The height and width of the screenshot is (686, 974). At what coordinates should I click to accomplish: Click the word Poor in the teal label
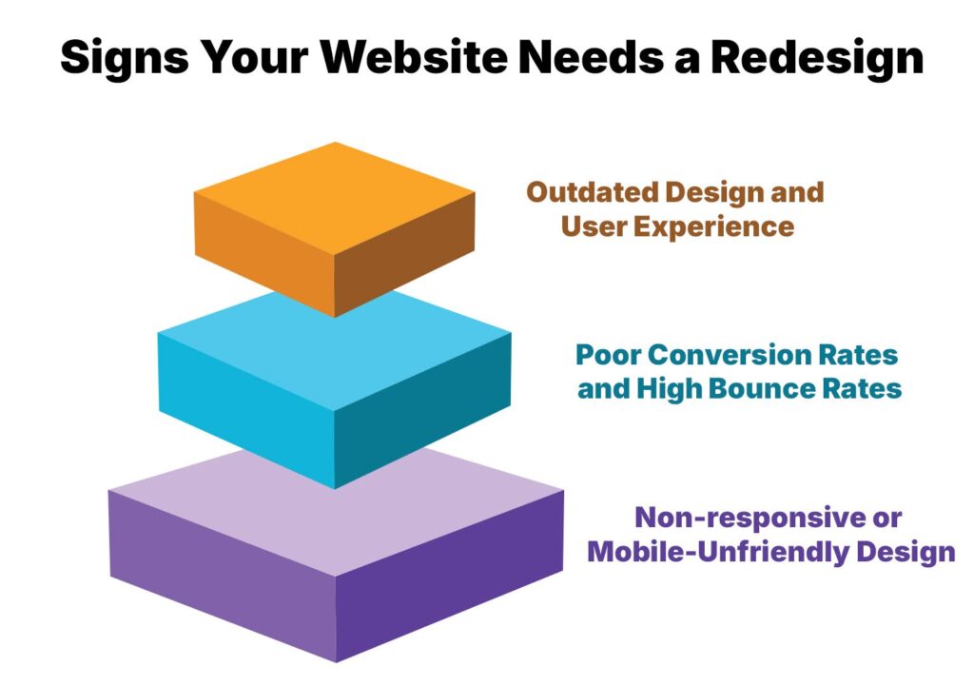(x=609, y=355)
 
